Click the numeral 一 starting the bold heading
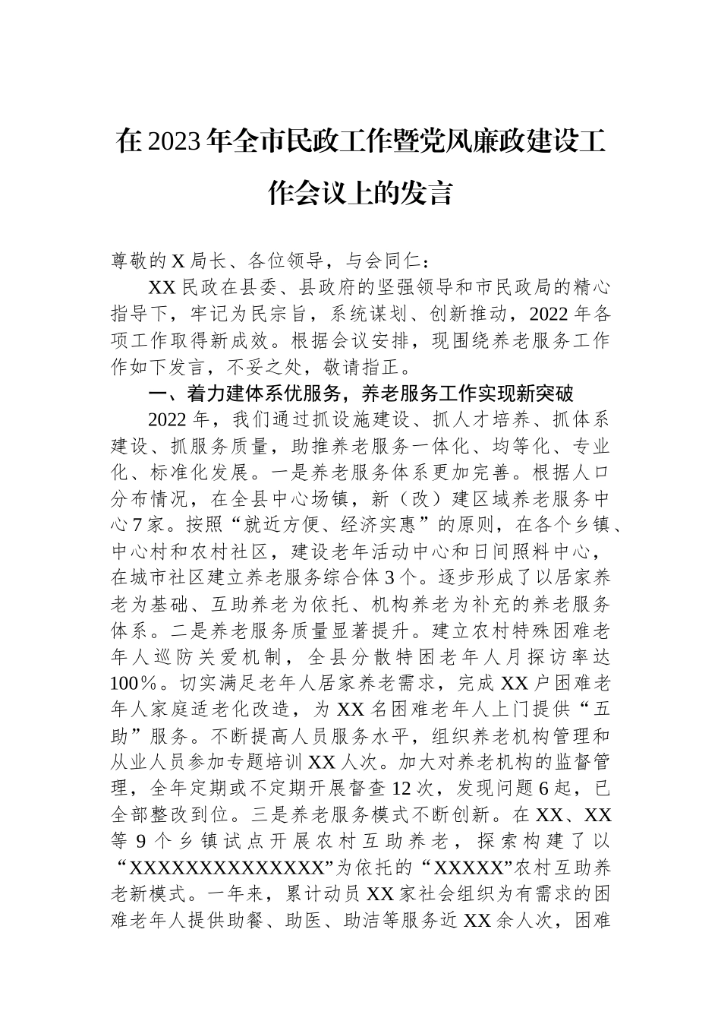coord(157,394)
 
